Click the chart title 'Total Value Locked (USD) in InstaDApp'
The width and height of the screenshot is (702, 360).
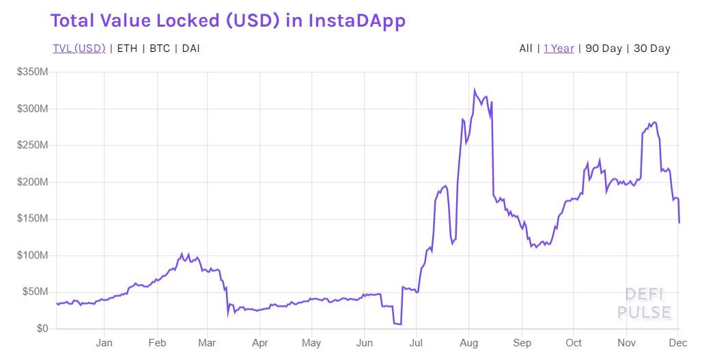[x=228, y=20]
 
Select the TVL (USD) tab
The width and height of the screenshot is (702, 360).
[x=79, y=49]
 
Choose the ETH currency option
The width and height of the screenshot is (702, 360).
[x=126, y=49]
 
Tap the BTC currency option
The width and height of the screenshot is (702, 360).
[x=160, y=49]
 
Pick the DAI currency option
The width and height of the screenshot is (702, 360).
[x=191, y=49]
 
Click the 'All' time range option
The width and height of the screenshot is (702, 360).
[x=526, y=49]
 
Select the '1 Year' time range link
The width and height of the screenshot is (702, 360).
[x=559, y=49]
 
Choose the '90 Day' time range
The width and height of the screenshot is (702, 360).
[x=604, y=49]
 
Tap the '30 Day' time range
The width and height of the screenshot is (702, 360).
[x=651, y=49]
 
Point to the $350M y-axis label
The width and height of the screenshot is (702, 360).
[x=32, y=72]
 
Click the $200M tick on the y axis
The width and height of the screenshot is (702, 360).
[x=32, y=182]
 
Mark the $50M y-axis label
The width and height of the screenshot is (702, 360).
[x=35, y=292]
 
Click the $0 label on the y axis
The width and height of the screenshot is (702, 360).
[x=42, y=329]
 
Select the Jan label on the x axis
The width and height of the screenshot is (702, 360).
[x=104, y=343]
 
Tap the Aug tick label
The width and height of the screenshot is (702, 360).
[x=468, y=343]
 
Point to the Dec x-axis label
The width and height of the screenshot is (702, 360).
[x=677, y=343]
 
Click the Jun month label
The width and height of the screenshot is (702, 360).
[x=365, y=343]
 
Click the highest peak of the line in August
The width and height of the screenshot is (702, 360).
[x=474, y=89]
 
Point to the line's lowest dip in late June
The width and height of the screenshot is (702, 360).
[x=399, y=324]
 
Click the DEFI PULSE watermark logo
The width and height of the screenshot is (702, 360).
[x=645, y=304]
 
